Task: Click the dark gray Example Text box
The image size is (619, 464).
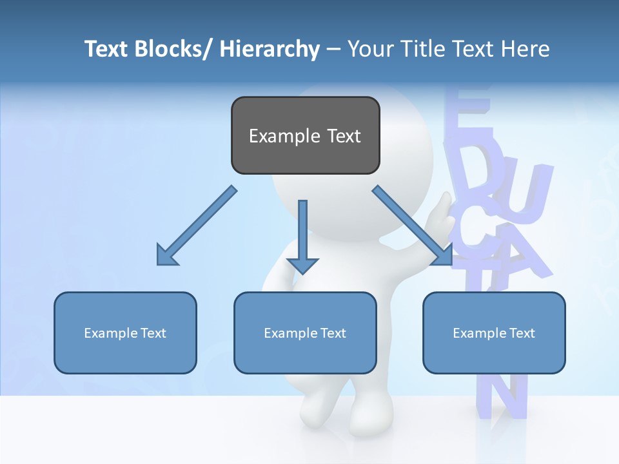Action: pyautogui.click(x=305, y=135)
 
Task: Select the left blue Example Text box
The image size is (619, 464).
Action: pyautogui.click(x=125, y=333)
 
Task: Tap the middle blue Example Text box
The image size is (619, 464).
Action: pyautogui.click(x=305, y=333)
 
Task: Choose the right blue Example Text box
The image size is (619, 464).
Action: pyautogui.click(x=494, y=333)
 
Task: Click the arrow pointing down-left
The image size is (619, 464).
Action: pyautogui.click(x=197, y=226)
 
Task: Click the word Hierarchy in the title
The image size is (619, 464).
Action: pyautogui.click(x=270, y=49)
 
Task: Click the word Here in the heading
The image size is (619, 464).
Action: pyautogui.click(x=524, y=49)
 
